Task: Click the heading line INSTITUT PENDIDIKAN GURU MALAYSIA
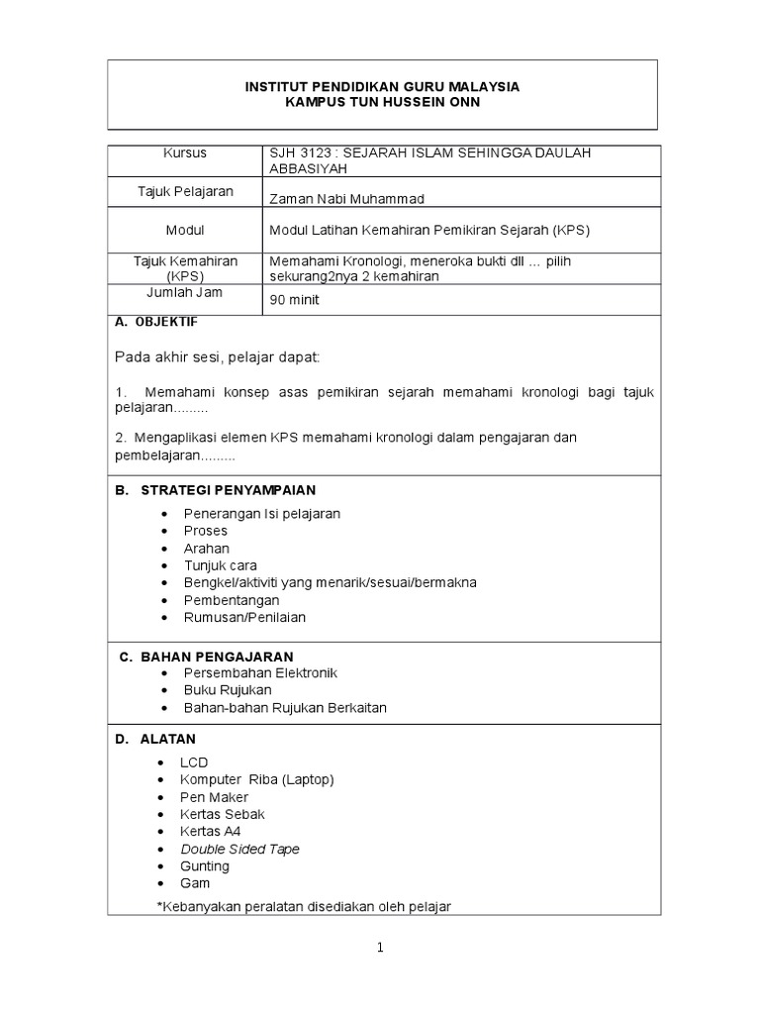click(x=382, y=87)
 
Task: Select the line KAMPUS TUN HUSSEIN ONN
click(x=382, y=103)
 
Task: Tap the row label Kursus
click(x=185, y=153)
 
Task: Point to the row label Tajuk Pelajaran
click(x=185, y=191)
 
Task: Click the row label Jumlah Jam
click(x=185, y=292)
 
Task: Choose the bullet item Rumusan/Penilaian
click(x=244, y=617)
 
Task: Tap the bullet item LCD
click(x=194, y=762)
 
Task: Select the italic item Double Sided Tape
click(x=239, y=849)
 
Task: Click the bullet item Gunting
click(x=204, y=866)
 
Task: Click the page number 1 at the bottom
click(x=380, y=948)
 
